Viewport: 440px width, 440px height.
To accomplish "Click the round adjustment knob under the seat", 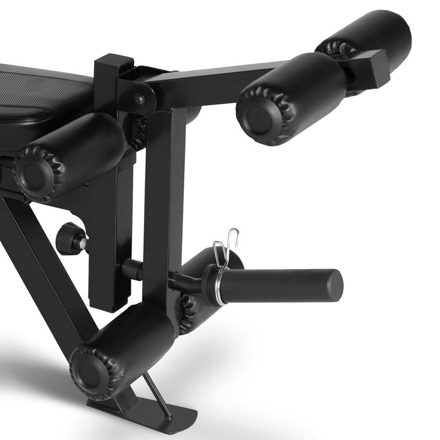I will click(67, 237).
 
